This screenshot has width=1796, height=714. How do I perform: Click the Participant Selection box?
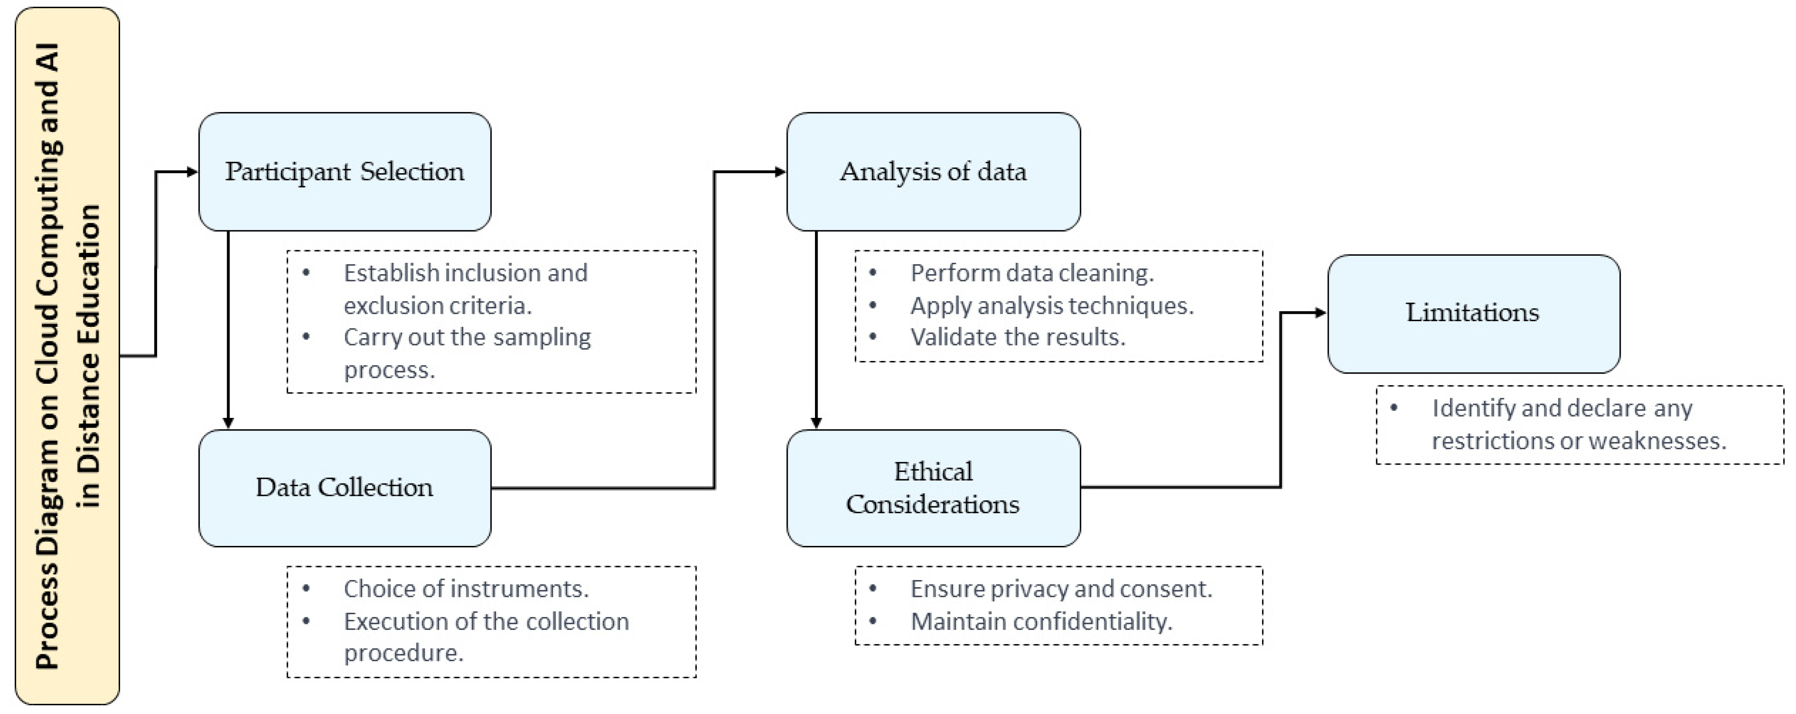click(x=344, y=171)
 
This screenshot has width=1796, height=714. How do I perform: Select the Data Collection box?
click(x=344, y=487)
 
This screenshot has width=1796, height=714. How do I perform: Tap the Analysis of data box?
click(x=933, y=171)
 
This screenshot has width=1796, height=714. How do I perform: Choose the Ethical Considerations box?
click(x=933, y=487)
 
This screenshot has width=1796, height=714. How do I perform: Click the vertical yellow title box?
click(x=67, y=356)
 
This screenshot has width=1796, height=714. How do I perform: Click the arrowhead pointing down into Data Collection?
click(x=228, y=423)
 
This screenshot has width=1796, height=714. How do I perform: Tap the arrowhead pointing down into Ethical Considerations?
click(x=816, y=423)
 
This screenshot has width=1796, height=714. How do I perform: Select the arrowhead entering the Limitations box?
click(x=1321, y=313)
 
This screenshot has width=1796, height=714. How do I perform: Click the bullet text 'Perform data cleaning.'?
click(x=1032, y=273)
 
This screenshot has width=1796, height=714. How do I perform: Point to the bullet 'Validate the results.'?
click(x=1018, y=337)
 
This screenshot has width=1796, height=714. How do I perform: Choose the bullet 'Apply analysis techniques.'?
click(x=1051, y=305)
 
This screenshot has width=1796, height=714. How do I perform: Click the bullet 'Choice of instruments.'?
click(x=466, y=589)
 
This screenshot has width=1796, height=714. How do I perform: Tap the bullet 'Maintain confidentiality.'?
click(x=1041, y=621)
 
